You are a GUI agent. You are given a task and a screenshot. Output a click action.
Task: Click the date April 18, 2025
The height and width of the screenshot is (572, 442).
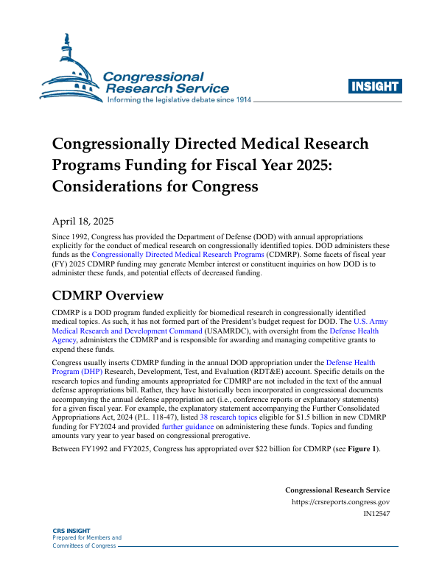pyautogui.click(x=82, y=221)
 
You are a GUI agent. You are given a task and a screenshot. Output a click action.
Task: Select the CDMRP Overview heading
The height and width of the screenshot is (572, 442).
pyautogui.click(x=107, y=296)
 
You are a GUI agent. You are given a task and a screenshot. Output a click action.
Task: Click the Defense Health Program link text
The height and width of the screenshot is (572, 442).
pyautogui.click(x=350, y=362)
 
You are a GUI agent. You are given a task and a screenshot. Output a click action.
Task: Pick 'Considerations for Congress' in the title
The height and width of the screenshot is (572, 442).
pyautogui.click(x=155, y=186)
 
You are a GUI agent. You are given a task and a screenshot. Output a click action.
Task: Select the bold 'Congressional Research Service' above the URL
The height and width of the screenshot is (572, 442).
pyautogui.click(x=337, y=490)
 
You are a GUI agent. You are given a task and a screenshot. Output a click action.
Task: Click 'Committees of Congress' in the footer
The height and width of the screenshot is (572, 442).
pyautogui.click(x=84, y=545)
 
